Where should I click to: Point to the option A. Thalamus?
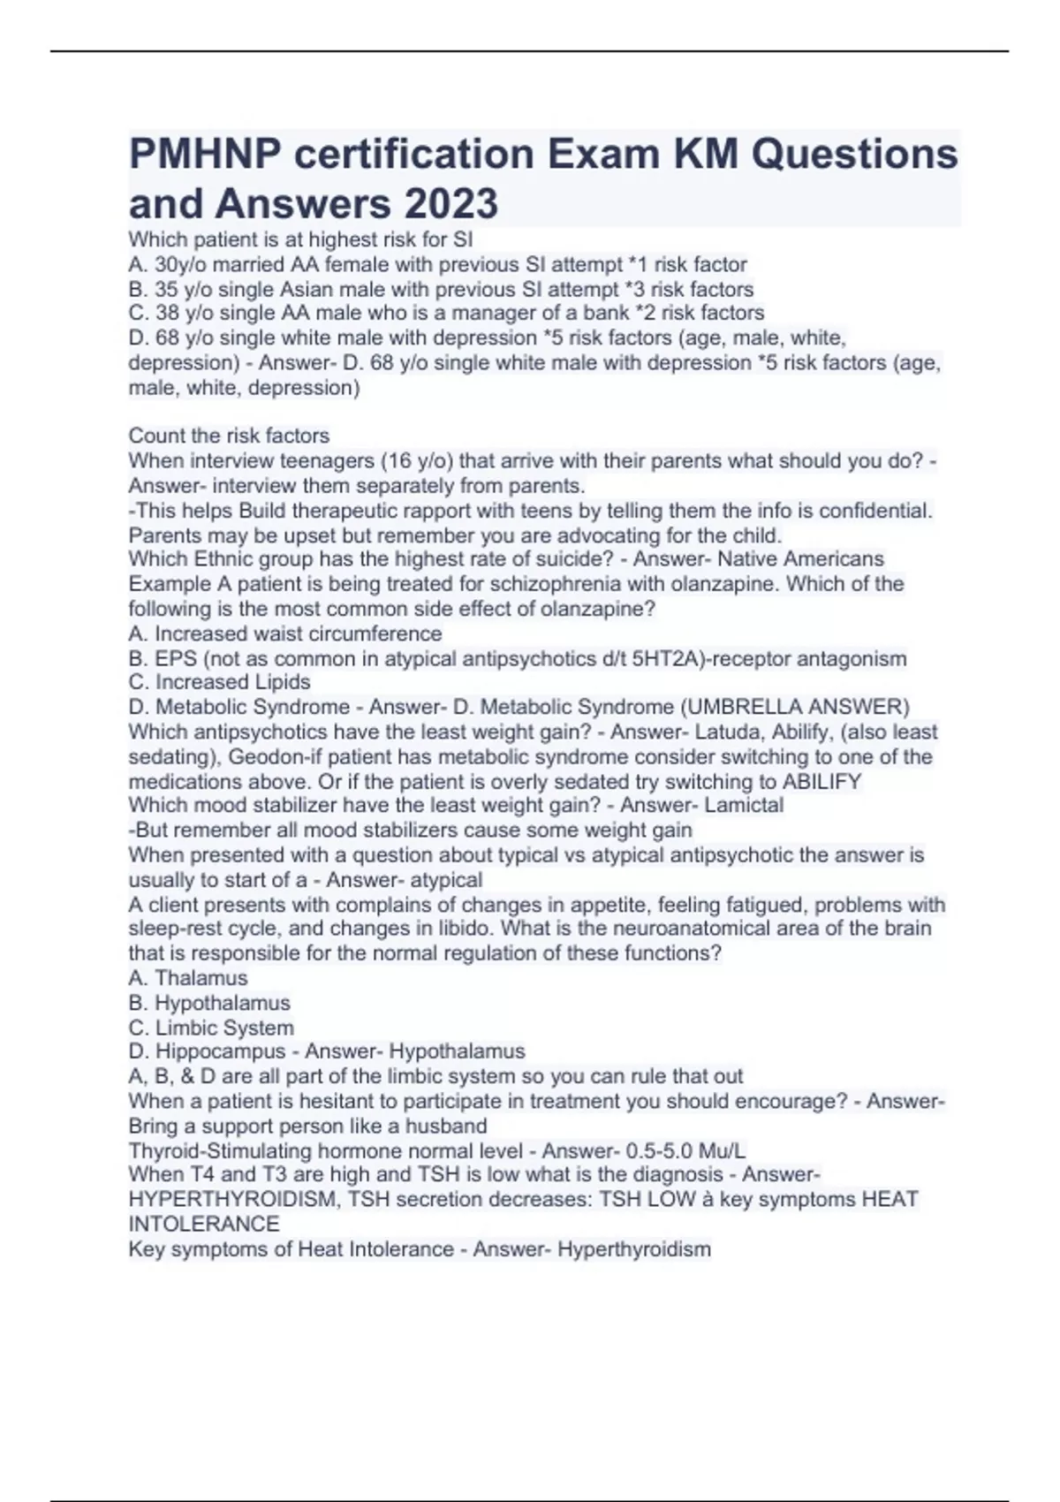tap(188, 978)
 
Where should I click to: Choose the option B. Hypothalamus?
tap(209, 1003)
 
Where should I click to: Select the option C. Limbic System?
tap(211, 1028)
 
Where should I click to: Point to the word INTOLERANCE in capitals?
tap(204, 1225)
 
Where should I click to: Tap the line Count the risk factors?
tap(229, 436)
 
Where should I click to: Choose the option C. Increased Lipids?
tap(220, 682)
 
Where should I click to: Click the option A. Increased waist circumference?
tap(285, 633)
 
